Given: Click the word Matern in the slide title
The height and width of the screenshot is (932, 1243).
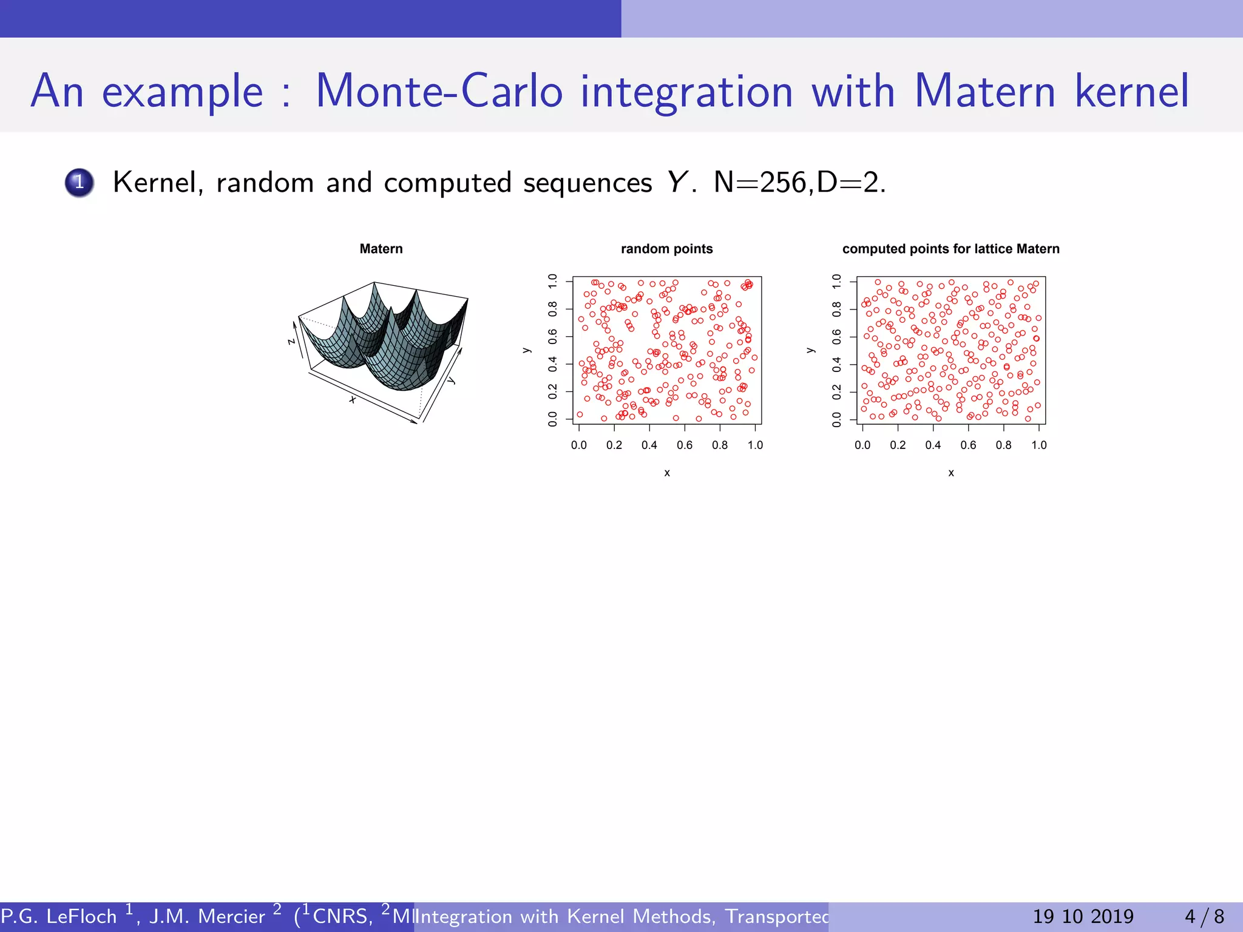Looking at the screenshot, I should tap(984, 91).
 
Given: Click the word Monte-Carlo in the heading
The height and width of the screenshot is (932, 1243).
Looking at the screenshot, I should tap(439, 91).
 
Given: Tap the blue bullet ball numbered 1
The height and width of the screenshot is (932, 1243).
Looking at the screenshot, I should tap(79, 183).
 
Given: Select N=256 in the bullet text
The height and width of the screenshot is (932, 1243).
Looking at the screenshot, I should tap(760, 182).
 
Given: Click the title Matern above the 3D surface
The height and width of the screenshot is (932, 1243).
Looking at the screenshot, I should tap(381, 249).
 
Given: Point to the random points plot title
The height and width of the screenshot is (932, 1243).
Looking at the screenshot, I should tap(666, 249).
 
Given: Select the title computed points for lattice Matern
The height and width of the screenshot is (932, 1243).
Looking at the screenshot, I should tap(950, 249).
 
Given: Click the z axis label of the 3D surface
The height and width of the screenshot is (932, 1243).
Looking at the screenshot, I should tap(291, 342).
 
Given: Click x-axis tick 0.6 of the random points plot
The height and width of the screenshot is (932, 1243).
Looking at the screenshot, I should tap(685, 445).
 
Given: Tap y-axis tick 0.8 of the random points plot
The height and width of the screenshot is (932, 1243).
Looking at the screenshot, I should tap(552, 309).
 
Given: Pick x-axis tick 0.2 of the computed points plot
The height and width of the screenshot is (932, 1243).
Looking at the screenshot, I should tap(898, 445).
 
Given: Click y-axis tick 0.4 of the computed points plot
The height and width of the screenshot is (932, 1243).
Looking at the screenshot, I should tap(836, 365).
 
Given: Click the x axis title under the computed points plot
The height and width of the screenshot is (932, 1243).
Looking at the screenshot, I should tap(951, 473).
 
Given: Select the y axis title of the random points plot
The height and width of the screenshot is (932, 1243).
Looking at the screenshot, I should tap(527, 350).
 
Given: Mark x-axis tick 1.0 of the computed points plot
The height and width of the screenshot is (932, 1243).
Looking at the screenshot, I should tap(1038, 445).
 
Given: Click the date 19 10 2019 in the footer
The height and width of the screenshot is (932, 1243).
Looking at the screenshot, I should tap(1083, 916).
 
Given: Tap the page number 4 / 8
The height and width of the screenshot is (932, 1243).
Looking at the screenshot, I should tap(1204, 916).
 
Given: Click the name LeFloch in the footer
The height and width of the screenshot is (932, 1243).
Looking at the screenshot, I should tap(81, 916).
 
